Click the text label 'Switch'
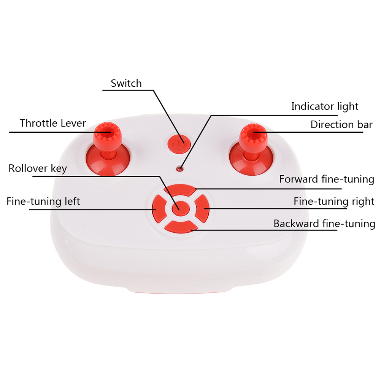(126, 83)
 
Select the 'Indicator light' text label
(325, 106)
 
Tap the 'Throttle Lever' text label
(53, 123)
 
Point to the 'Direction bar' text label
(341, 124)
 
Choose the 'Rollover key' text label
(38, 168)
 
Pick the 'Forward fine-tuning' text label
(327, 179)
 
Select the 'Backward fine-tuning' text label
(324, 223)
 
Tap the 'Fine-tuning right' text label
(333, 201)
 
